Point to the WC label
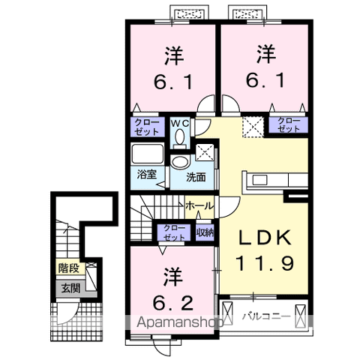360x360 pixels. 180,121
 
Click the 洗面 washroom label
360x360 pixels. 196,178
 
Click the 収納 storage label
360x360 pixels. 205,232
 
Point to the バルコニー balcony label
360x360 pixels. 265,316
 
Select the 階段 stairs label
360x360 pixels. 68,266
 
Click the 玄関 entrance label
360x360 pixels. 70,288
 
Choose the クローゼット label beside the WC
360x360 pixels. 146,125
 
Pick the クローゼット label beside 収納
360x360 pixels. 174,232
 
